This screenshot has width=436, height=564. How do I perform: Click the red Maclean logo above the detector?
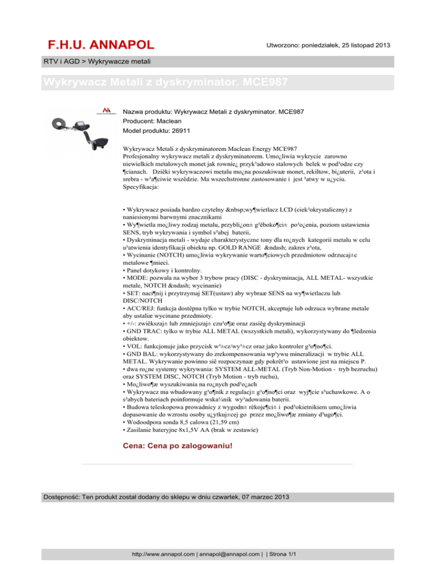click(x=90, y=110)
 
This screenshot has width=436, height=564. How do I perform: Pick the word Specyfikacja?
click(x=142, y=186)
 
